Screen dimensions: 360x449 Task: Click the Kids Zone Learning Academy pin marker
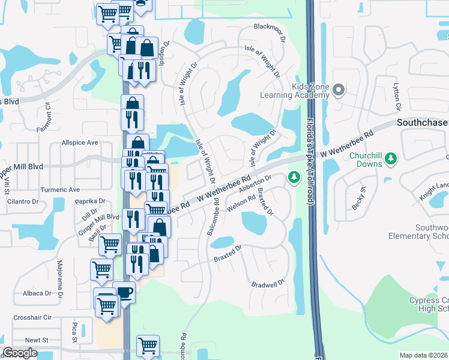[x=338, y=91]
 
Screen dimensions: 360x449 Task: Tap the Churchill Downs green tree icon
[x=391, y=158]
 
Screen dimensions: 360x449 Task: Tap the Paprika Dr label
[x=90, y=202]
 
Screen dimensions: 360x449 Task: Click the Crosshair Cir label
[x=33, y=317]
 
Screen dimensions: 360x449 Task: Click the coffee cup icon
[x=124, y=293]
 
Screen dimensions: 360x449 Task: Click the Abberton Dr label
[x=256, y=183]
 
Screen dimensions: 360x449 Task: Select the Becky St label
[x=355, y=200]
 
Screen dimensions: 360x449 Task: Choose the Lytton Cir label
[x=397, y=98]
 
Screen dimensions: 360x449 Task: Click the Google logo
[x=20, y=353]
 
